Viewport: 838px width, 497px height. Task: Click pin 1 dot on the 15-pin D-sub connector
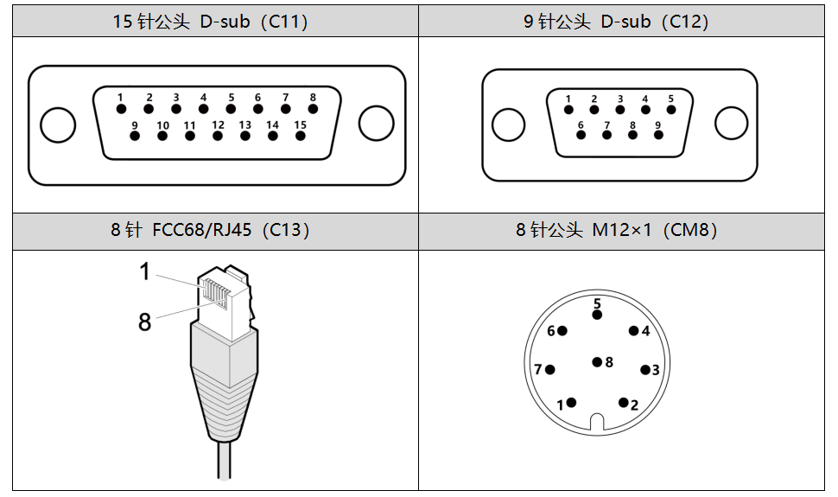pos(122,109)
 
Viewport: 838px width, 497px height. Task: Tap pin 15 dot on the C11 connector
pos(300,137)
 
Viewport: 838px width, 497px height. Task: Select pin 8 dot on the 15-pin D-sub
pos(313,109)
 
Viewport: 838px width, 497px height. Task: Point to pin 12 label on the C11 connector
pos(218,125)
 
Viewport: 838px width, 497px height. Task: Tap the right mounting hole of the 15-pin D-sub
pos(376,124)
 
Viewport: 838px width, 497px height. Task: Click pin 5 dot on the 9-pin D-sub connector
pos(670,110)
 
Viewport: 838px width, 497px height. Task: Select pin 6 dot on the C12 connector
pos(581,137)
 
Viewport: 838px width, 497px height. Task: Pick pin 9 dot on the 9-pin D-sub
pos(658,137)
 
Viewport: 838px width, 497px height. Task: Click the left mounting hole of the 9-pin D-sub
pos(508,124)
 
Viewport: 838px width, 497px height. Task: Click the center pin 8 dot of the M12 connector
pos(597,362)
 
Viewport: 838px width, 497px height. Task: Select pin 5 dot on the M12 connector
pos(597,315)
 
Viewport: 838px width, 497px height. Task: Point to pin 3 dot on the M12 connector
pos(644,370)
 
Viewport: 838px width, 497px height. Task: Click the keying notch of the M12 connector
pos(597,423)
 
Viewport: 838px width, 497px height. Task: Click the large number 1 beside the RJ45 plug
pos(144,271)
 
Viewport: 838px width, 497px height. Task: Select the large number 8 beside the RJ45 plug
pos(144,322)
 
